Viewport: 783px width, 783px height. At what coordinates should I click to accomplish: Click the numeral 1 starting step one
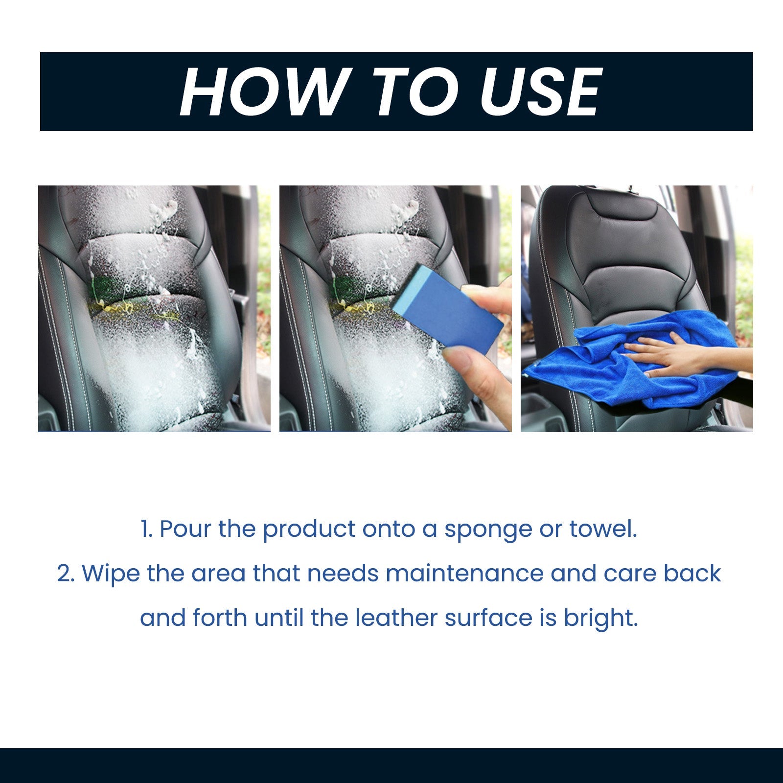click(x=145, y=530)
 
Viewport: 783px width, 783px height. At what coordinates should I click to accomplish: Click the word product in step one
click(x=309, y=530)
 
